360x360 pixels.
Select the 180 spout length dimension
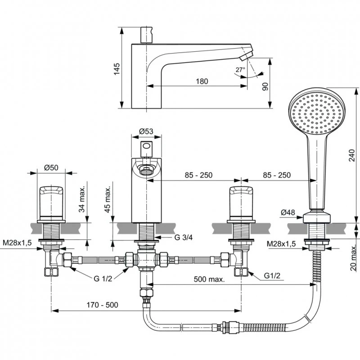click(202, 81)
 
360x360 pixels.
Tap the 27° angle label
click(240, 70)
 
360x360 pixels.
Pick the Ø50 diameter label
click(51, 167)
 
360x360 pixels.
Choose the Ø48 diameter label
click(289, 212)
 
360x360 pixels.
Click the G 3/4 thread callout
click(171, 237)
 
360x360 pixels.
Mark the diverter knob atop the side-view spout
click(145, 34)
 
